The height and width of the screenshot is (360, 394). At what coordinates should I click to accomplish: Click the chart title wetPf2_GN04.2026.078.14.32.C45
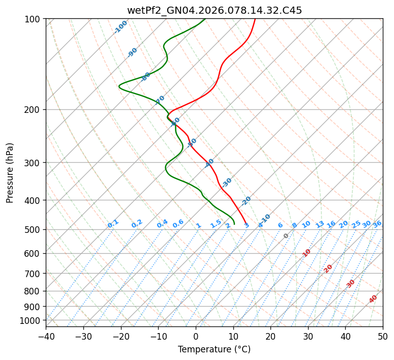[x=214, y=10]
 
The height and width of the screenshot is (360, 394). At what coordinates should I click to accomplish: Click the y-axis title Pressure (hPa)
[x=10, y=172]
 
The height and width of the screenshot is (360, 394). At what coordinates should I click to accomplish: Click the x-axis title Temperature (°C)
[x=214, y=349]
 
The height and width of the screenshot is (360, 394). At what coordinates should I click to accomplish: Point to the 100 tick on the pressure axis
[x=34, y=19]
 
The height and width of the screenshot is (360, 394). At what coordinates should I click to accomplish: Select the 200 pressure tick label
[x=34, y=110]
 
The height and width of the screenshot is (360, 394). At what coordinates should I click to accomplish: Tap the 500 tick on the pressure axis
[x=34, y=230]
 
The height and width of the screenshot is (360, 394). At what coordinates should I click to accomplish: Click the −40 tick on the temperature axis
[x=46, y=336]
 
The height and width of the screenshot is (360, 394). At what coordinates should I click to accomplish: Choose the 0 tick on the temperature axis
[x=196, y=336]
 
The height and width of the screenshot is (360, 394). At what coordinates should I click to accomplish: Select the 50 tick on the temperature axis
[x=383, y=336]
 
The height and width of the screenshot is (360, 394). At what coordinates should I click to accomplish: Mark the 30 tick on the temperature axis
[x=308, y=336]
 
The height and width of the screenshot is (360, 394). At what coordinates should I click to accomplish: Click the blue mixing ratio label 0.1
[x=113, y=224]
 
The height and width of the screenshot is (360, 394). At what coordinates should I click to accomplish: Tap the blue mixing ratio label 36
[x=377, y=224]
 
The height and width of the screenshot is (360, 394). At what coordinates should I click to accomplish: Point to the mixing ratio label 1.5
[x=216, y=224]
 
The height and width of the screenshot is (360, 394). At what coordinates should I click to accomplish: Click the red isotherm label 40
[x=373, y=299]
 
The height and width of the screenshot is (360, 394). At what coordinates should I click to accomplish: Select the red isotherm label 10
[x=307, y=253]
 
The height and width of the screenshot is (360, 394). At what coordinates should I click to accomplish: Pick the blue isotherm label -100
[x=121, y=26]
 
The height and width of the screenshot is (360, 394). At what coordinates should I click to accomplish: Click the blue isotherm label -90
[x=133, y=52]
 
